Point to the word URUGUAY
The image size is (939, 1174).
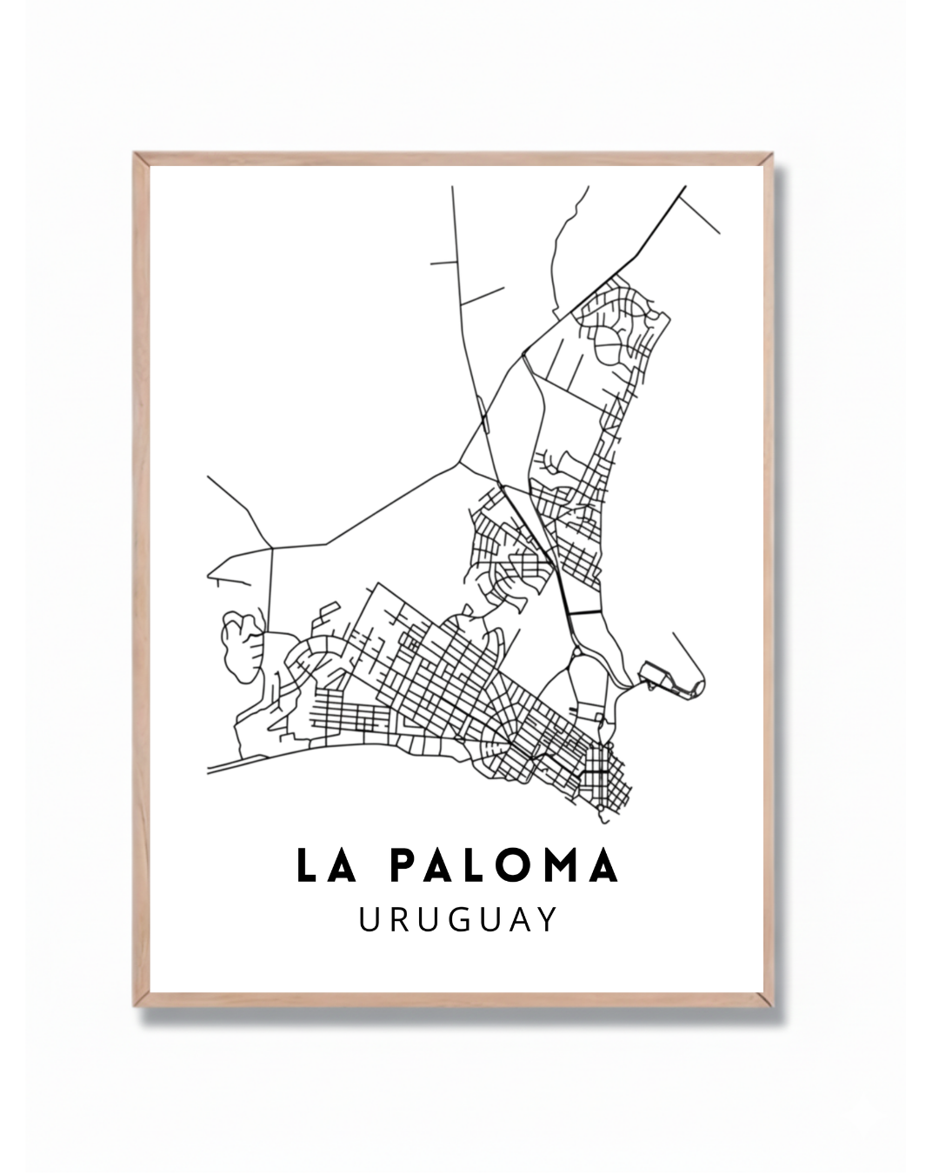pyautogui.click(x=458, y=920)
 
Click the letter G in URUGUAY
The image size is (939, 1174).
pyautogui.click(x=457, y=920)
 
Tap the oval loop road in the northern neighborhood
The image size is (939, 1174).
pyautogui.click(x=609, y=348)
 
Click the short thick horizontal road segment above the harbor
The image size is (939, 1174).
pyautogui.click(x=585, y=613)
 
